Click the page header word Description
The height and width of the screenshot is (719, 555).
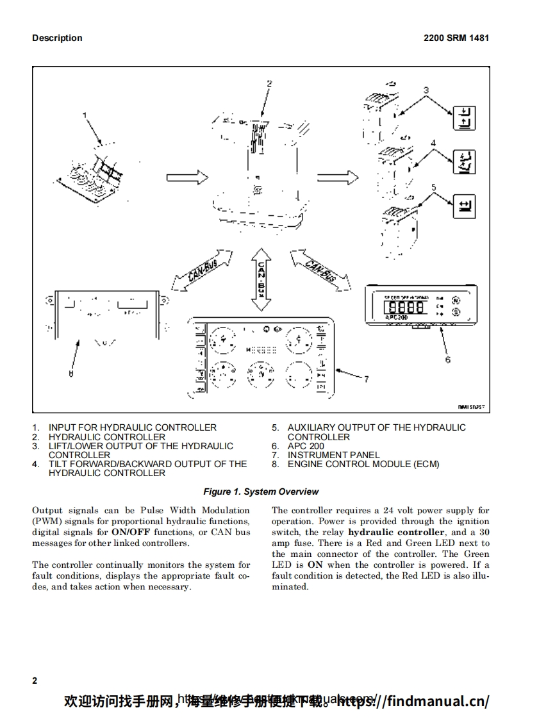57,38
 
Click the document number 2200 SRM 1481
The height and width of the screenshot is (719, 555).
456,38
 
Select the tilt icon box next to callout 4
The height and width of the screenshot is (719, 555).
465,162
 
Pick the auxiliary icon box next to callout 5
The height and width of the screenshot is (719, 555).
465,206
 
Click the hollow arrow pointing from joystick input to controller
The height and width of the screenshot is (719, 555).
187,177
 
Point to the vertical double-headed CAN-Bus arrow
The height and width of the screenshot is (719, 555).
261,280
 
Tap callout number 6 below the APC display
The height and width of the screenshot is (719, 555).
447,359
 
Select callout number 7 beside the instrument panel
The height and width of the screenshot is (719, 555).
366,379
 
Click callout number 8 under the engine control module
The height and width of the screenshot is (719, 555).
71,374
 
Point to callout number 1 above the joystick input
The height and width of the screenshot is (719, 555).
84,115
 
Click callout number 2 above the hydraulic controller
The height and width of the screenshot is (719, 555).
269,83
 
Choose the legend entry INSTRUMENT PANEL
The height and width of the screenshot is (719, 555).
333,455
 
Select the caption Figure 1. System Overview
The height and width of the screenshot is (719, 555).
261,492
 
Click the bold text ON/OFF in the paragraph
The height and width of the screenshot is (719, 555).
131,532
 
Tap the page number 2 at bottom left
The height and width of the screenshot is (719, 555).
35,681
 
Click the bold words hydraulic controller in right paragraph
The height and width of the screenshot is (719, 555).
396,532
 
